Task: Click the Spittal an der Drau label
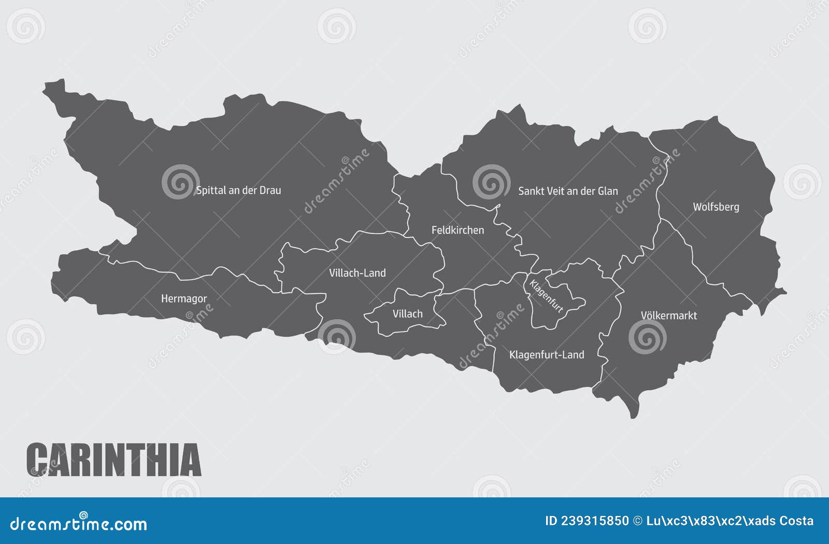pyautogui.click(x=238, y=190)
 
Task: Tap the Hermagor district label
pyautogui.click(x=183, y=298)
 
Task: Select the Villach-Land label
pyautogui.click(x=358, y=273)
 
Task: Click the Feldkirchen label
pyautogui.click(x=458, y=230)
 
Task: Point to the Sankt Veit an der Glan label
pyautogui.click(x=568, y=191)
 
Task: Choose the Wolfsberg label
pyautogui.click(x=716, y=207)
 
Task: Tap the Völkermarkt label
pyautogui.click(x=668, y=316)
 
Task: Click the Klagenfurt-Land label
pyautogui.click(x=547, y=355)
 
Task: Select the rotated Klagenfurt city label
pyautogui.click(x=546, y=296)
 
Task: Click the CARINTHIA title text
pyautogui.click(x=113, y=460)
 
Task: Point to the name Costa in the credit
pyautogui.click(x=794, y=521)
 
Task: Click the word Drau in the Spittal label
pyautogui.click(x=270, y=190)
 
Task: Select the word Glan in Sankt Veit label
pyautogui.click(x=608, y=191)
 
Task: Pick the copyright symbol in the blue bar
pyautogui.click(x=638, y=521)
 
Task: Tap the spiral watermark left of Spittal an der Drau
pyautogui.click(x=180, y=182)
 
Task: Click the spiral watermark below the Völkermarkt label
pyautogui.click(x=647, y=337)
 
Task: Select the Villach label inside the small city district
pyautogui.click(x=407, y=314)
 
